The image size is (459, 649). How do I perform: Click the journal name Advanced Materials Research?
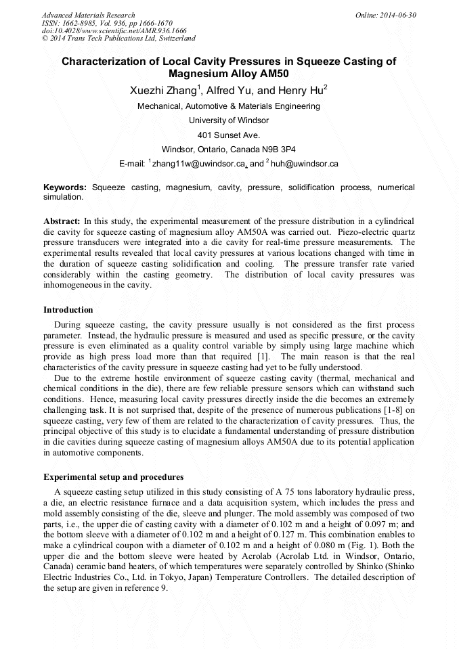point(88,15)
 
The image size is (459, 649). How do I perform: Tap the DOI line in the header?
point(114,30)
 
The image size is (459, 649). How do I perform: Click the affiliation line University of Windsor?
point(229,120)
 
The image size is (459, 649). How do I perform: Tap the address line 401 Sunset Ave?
point(229,135)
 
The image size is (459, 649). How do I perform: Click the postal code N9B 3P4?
point(278,149)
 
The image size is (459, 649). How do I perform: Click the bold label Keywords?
point(65,187)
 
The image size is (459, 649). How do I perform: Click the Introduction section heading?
point(68,310)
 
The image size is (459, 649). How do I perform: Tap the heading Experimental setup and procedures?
point(113,477)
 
